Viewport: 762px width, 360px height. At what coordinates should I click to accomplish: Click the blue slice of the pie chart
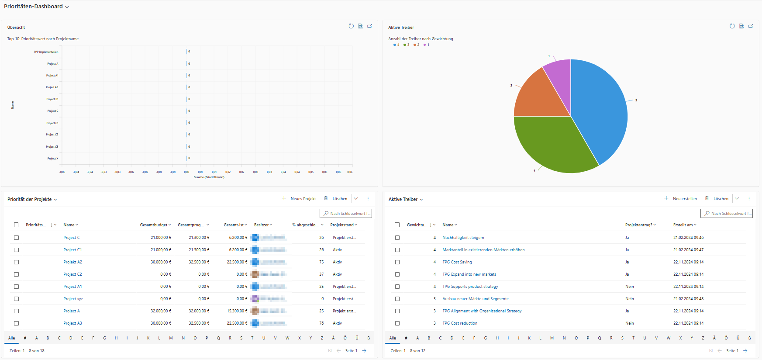pyautogui.click(x=603, y=109)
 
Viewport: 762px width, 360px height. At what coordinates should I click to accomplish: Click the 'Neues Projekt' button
pyautogui.click(x=299, y=199)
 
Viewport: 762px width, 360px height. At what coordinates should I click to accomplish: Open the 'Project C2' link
pyautogui.click(x=72, y=274)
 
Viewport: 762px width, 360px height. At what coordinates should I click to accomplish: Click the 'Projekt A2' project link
pyautogui.click(x=72, y=262)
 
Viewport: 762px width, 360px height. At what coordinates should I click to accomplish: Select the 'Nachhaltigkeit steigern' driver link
pyautogui.click(x=463, y=238)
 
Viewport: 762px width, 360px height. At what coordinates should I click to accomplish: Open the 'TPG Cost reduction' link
pyautogui.click(x=459, y=323)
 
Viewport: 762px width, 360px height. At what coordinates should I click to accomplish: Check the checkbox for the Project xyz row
pyautogui.click(x=16, y=299)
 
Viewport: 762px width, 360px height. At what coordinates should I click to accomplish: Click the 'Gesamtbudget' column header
pyautogui.click(x=154, y=225)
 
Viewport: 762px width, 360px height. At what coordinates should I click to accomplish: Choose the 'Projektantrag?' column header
pyautogui.click(x=639, y=225)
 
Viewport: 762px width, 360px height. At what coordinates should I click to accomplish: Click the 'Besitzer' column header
pyautogui.click(x=262, y=225)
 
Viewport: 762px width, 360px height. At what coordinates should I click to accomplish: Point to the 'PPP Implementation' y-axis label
pyautogui.click(x=46, y=52)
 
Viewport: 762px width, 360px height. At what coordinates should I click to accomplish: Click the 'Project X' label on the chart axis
pyautogui.click(x=52, y=159)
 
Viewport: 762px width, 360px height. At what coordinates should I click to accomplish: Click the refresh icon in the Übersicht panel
pyautogui.click(x=351, y=26)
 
